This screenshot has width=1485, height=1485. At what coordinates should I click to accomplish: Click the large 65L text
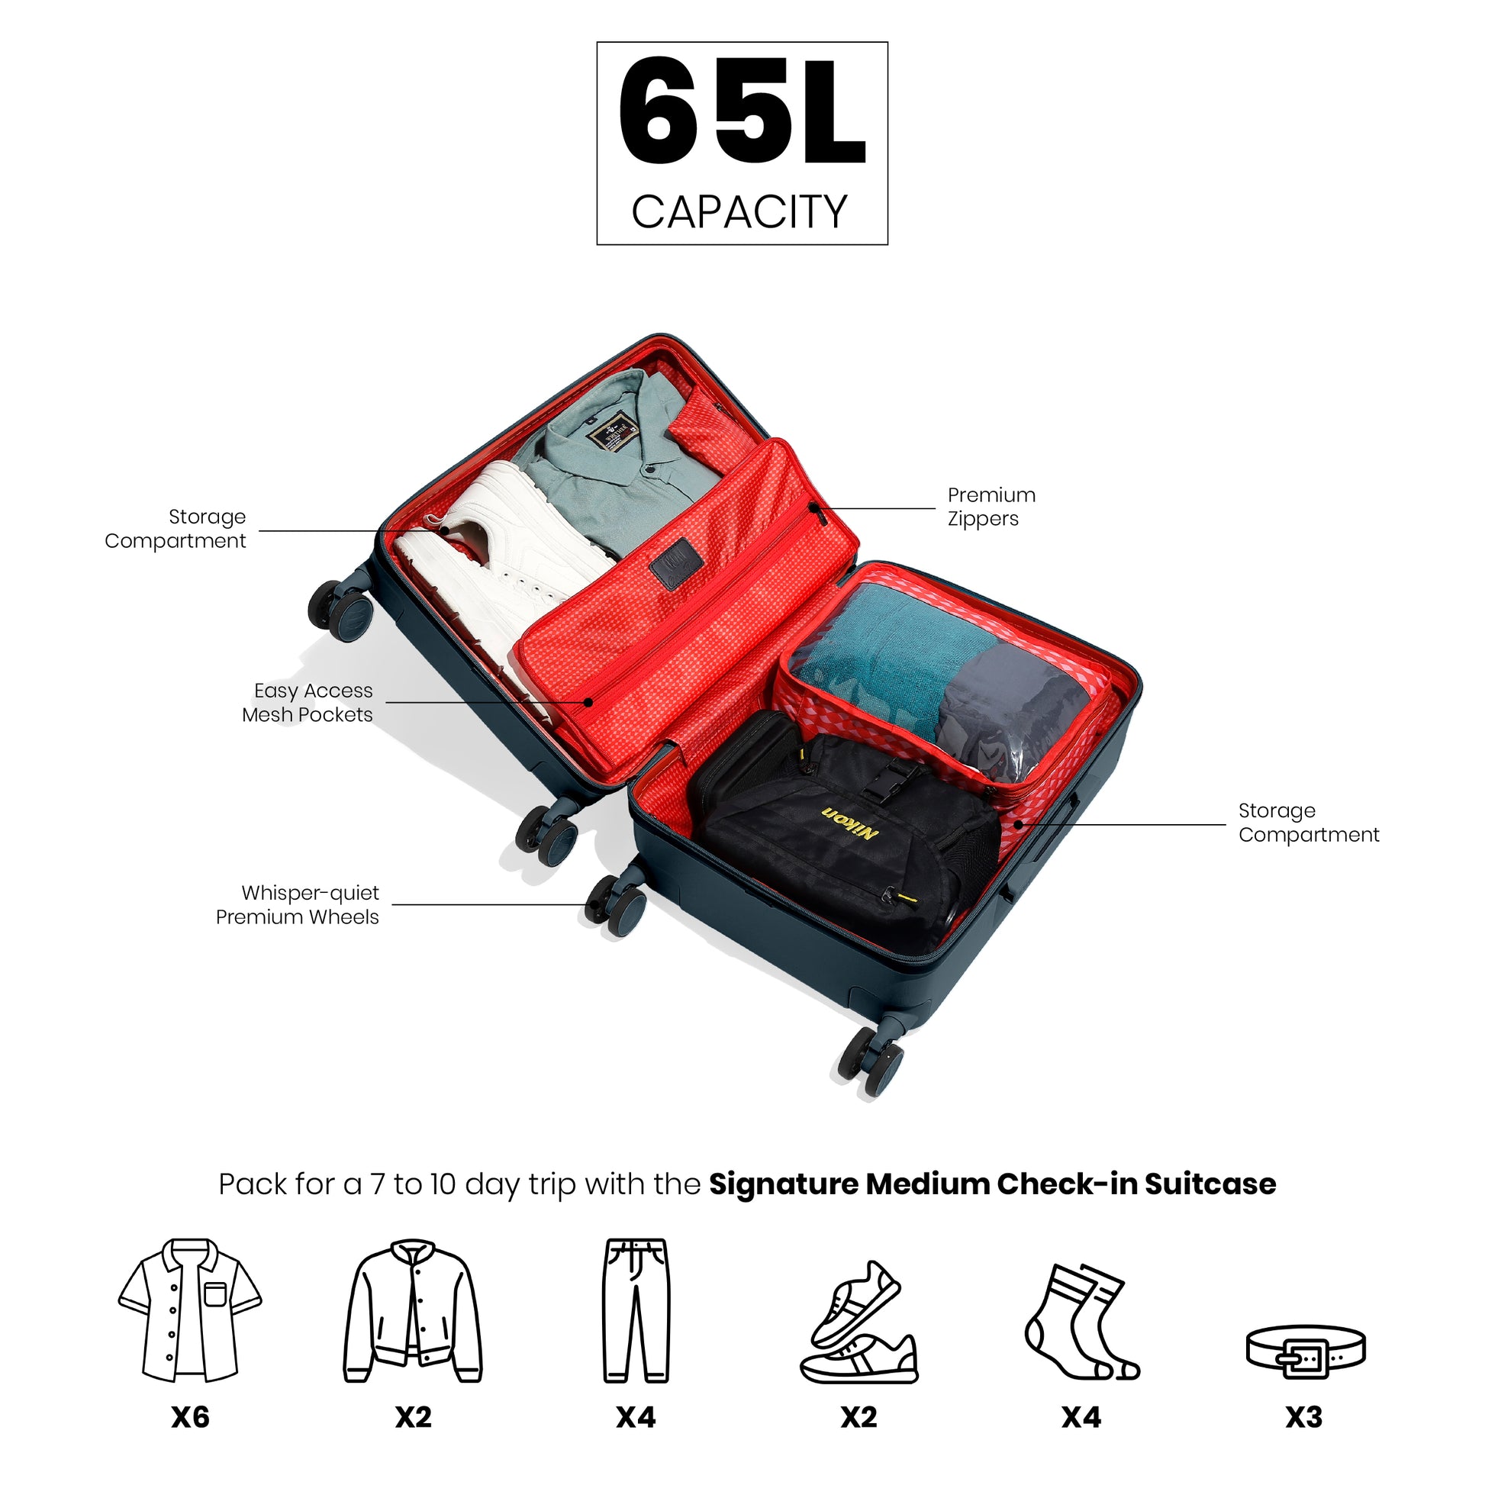coord(742,111)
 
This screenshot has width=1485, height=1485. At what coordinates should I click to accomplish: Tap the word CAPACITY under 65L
coord(739,212)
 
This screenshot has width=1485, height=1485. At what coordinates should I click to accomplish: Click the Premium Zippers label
coord(991,507)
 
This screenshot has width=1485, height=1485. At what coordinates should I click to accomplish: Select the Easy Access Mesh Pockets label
coord(308,703)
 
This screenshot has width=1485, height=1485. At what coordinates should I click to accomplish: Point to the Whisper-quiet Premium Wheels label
coord(298,905)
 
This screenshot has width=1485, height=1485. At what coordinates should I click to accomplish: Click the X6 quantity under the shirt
coord(190,1416)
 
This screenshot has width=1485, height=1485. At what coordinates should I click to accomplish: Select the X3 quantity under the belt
coord(1303,1416)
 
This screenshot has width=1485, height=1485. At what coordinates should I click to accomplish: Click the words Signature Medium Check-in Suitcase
coord(991,1184)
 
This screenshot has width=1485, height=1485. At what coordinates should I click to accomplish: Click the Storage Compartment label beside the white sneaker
coord(176,529)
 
